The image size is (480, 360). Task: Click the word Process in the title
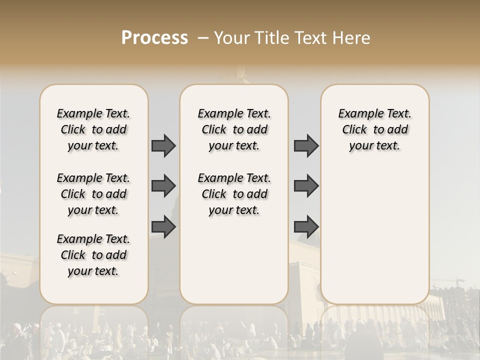[154, 38]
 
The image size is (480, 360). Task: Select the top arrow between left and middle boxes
[163, 145]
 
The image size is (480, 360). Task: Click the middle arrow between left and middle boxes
[163, 186]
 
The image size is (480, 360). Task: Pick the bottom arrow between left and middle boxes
[163, 227]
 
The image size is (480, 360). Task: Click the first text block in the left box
[93, 129]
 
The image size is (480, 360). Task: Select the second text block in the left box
[93, 194]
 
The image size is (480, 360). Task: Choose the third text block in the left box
[93, 255]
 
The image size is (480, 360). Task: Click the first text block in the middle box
[234, 129]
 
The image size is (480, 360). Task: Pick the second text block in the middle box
[234, 194]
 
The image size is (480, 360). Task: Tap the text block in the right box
[374, 129]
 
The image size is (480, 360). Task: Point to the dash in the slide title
[203, 38]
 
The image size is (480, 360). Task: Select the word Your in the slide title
[231, 38]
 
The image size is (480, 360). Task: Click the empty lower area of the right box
[374, 230]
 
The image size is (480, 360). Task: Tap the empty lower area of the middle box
[234, 260]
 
